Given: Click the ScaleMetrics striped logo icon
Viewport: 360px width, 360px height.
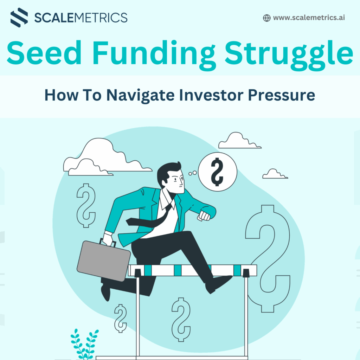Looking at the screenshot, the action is pyautogui.click(x=19, y=18).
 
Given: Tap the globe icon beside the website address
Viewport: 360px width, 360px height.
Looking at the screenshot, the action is pyautogui.click(x=266, y=18).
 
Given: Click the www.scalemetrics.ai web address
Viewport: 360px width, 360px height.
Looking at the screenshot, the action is pyautogui.click(x=309, y=18).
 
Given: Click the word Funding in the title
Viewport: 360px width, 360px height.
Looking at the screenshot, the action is pyautogui.click(x=154, y=55).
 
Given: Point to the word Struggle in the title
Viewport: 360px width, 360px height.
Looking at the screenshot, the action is pyautogui.click(x=289, y=55).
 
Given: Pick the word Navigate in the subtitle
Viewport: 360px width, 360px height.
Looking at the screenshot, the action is pyautogui.click(x=140, y=96).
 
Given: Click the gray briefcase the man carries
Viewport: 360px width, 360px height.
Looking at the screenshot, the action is pyautogui.click(x=104, y=261).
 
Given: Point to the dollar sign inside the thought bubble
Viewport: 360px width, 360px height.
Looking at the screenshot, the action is pyautogui.click(x=217, y=172).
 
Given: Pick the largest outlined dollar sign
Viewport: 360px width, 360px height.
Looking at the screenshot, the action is pyautogui.click(x=268, y=259).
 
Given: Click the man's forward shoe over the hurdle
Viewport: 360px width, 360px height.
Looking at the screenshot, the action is pyautogui.click(x=218, y=284).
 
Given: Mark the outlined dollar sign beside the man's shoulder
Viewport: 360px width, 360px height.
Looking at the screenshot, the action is pyautogui.click(x=86, y=205).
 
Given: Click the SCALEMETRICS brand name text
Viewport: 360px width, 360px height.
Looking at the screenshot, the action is pyautogui.click(x=81, y=18).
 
